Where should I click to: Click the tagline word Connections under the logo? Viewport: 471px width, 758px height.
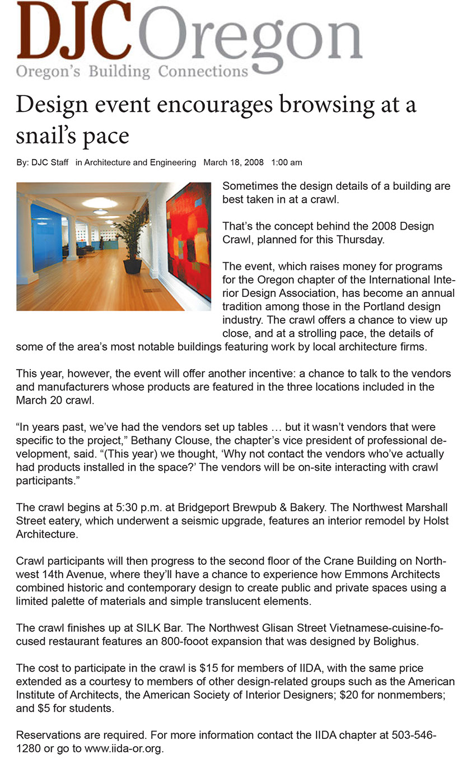203,72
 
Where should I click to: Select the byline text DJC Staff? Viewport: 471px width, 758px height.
50,162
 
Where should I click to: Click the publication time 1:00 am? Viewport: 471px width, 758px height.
286,162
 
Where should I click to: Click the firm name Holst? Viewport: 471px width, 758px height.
437,521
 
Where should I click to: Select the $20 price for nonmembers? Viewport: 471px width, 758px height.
351,695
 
